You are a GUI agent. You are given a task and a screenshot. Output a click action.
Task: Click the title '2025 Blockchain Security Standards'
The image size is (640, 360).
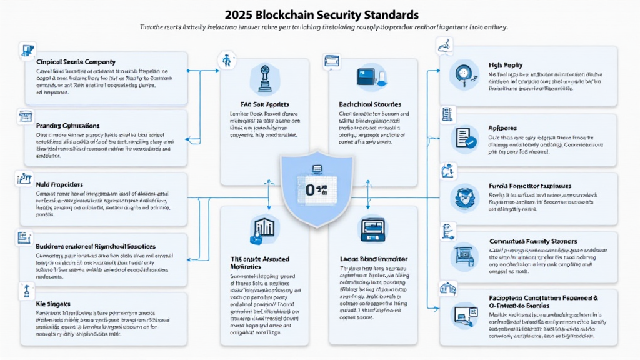(x=320, y=14)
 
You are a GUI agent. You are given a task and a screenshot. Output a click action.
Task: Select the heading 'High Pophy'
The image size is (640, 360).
(x=505, y=65)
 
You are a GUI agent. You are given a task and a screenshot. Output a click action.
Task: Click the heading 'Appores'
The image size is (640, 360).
(x=502, y=127)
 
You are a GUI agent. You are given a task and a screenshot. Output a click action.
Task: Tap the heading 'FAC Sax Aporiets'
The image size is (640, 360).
(x=264, y=104)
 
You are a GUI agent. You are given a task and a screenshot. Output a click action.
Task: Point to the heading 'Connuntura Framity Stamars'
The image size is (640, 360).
(x=532, y=241)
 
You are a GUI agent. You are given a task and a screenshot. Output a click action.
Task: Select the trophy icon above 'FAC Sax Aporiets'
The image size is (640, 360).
(x=264, y=77)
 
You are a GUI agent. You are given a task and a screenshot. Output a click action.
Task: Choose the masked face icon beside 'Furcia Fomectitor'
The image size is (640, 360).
(x=466, y=197)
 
